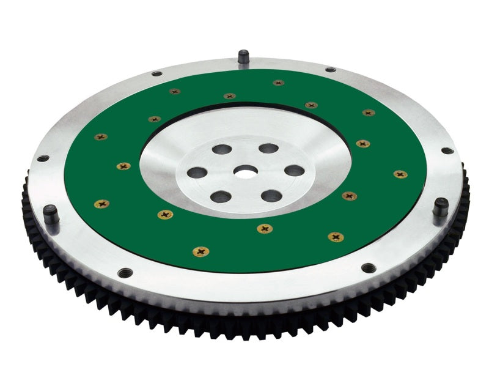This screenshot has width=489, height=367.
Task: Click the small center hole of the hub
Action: (247, 174)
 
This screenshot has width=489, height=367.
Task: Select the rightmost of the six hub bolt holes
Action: (294, 171)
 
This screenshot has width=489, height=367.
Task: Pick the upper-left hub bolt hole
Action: (222, 149)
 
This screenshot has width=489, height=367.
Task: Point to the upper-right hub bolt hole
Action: (268, 148)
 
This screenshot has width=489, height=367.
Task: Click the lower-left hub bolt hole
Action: (221, 197)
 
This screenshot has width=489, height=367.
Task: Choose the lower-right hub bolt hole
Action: (271, 196)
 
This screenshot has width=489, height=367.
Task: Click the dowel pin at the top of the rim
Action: (243, 56)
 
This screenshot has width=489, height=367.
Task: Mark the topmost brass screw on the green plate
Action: (279, 83)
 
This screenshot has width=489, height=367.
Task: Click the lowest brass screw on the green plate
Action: (199, 251)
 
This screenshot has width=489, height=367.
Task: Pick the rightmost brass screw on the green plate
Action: (400, 174)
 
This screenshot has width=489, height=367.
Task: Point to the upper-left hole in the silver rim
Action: (156, 73)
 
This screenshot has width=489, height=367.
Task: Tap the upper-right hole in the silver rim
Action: (330, 70)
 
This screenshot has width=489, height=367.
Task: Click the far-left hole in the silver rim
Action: (43, 158)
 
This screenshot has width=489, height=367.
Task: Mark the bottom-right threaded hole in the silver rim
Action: (369, 267)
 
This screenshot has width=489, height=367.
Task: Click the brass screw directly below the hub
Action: (265, 229)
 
